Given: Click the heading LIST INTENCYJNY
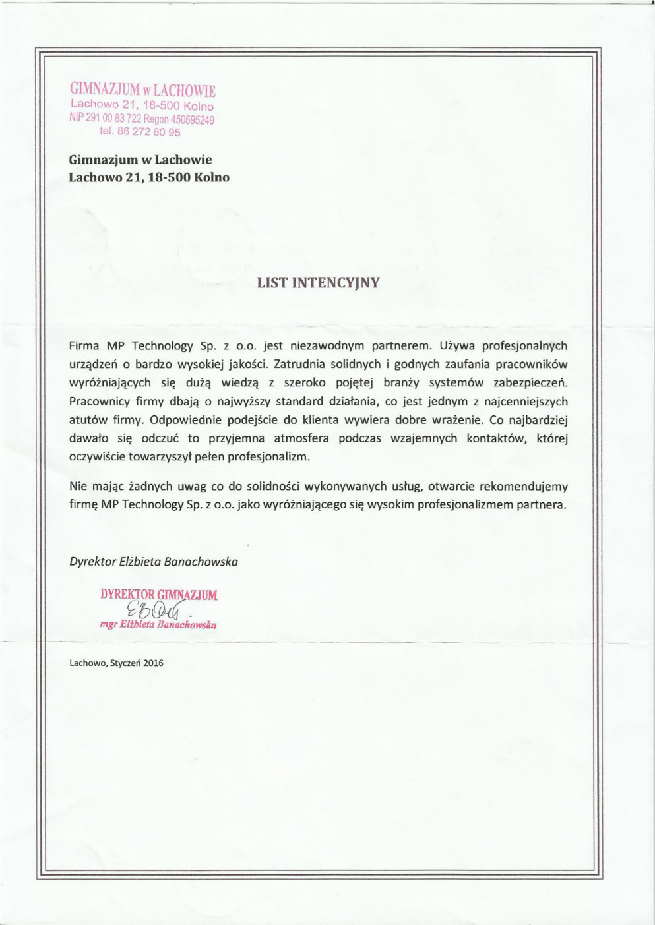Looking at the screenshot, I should tap(318, 283).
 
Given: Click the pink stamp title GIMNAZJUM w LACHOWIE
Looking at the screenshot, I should tap(142, 90).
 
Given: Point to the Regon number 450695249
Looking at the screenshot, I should tap(193, 119).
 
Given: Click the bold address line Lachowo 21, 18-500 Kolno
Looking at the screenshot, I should tap(149, 177).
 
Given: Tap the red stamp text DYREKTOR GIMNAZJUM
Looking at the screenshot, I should tap(158, 595).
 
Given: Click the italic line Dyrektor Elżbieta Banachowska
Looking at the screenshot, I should tap(154, 562).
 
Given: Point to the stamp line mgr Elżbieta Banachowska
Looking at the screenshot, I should tap(158, 624).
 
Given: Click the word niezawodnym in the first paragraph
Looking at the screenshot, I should tap(321, 345).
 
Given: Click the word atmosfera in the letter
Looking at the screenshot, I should tap(301, 438).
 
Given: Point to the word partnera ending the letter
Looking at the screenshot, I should tap(543, 505).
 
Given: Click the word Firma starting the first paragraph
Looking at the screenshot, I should tap(84, 345).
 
